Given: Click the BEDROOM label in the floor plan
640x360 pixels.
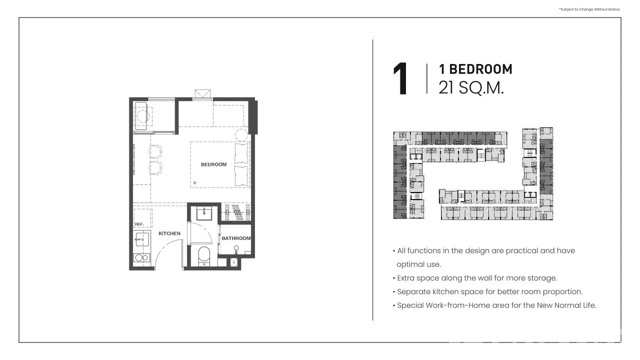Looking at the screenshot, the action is point(213,164).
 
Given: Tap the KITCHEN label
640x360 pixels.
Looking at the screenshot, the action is point(169,233).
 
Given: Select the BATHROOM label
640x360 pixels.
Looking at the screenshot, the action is point(236,238).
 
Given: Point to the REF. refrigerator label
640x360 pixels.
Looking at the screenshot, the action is point(139,224).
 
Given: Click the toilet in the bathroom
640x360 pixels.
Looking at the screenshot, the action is point(204,255).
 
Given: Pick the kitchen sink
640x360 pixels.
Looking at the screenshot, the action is point(142,239).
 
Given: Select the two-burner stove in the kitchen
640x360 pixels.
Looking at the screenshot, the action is point(141,257).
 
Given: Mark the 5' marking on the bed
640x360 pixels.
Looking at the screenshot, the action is point(195,183).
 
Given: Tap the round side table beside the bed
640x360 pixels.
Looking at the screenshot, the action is point(241,135).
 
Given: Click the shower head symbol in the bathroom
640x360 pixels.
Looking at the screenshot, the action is point(236,248).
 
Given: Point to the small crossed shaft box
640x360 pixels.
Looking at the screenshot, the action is point(234,262).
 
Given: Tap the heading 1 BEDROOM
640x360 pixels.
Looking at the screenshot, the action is point(475,69).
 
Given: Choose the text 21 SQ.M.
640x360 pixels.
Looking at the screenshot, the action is point(471,87).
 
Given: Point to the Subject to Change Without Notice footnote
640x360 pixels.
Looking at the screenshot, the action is point(589,9).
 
